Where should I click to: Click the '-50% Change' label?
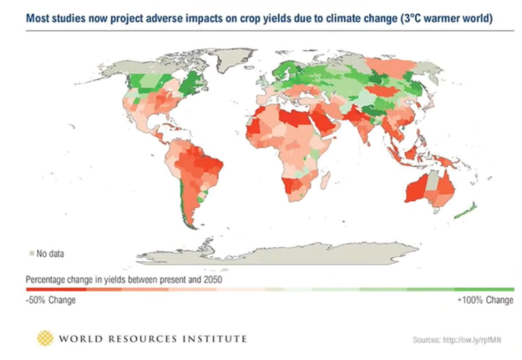(51, 301)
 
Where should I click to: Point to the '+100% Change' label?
(484, 301)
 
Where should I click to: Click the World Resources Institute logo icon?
(45, 338)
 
